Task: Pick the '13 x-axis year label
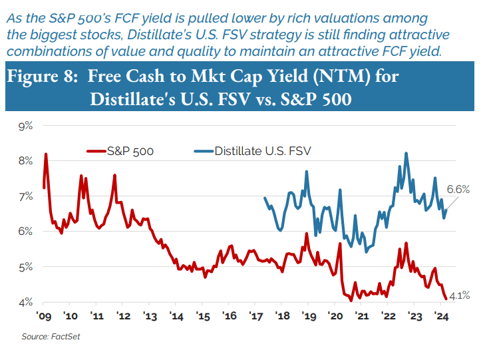tap(148, 315)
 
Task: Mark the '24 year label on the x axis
tap(440, 315)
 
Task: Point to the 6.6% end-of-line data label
tap(458, 190)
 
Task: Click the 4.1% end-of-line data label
tap(461, 295)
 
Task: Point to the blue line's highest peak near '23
tap(406, 153)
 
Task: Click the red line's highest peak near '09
tap(46, 154)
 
